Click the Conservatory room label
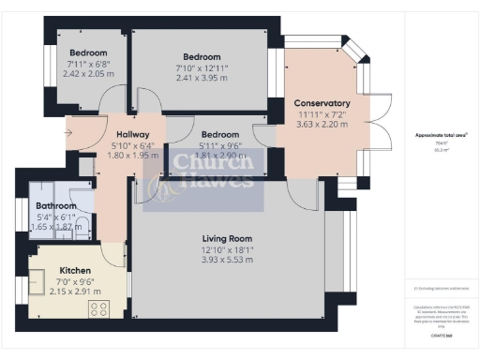(x=322, y=103)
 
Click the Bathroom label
(x=55, y=205)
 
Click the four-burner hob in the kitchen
(x=99, y=307)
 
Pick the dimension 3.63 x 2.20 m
(x=322, y=124)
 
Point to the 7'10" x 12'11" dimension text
(x=202, y=67)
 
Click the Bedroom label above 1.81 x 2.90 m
(x=220, y=135)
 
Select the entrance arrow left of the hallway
(x=68, y=132)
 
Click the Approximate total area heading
(x=441, y=135)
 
